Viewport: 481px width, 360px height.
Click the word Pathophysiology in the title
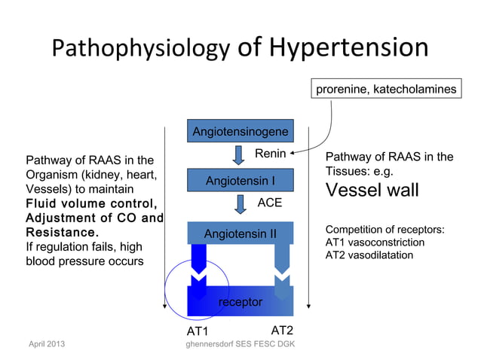coord(141,50)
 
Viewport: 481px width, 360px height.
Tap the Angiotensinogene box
coord(240,132)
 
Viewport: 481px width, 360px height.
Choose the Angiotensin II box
coord(240,233)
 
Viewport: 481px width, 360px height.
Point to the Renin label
coord(269,154)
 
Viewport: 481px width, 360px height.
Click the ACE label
coord(270,203)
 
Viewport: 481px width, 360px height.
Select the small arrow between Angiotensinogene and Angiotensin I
coord(239,155)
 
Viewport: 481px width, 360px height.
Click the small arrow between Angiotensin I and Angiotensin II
coord(239,204)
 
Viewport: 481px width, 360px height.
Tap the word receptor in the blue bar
coord(240,302)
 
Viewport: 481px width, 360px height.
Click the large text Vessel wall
coord(372,191)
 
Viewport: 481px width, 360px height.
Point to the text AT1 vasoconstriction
coord(375,243)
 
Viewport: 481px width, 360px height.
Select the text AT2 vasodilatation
coord(369,255)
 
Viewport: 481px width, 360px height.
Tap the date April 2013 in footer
coord(46,344)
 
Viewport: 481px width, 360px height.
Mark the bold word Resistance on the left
coord(63,233)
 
